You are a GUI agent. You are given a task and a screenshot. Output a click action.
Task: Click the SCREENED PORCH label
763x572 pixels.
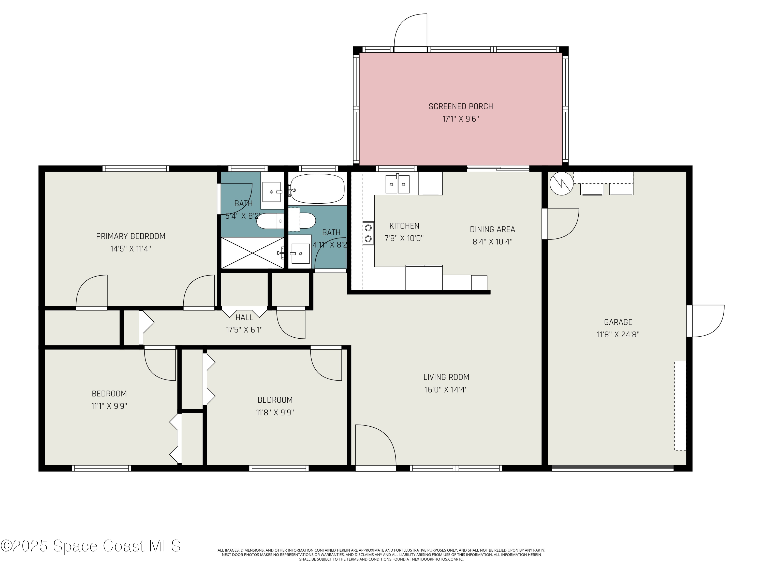point(461,107)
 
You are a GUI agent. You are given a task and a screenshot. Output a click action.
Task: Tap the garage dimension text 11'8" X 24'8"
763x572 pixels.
point(618,335)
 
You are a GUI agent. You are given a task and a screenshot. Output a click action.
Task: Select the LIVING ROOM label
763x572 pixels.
point(446,377)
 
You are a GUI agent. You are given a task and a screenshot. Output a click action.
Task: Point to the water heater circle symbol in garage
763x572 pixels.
point(561,184)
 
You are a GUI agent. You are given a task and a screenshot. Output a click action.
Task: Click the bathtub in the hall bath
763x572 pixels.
point(317,189)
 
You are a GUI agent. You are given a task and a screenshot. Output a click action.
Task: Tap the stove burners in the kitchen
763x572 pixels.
point(368,233)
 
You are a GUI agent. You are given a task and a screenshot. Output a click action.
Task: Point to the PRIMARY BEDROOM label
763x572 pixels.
point(130,236)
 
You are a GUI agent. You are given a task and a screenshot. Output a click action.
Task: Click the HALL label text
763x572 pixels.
point(244,317)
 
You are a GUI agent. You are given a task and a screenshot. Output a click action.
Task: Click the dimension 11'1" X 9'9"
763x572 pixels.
point(109,406)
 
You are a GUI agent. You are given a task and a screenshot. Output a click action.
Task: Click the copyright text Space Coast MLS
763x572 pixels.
point(90,546)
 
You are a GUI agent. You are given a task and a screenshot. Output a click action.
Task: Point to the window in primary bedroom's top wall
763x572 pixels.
point(136,169)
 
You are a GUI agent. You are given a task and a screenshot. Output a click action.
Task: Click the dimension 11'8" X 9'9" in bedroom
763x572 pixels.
point(275,412)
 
